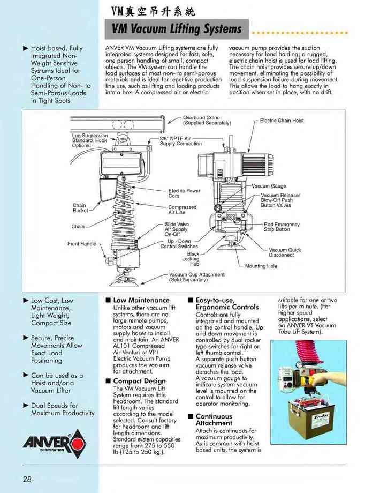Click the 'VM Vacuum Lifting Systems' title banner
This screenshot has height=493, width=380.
point(177,29)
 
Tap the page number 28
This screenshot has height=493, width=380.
point(27,479)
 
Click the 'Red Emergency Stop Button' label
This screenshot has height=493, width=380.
point(282,227)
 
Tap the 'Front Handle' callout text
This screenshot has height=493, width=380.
point(81,244)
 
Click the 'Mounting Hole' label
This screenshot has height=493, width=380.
point(261,266)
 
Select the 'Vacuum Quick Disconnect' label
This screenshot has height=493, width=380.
point(285,252)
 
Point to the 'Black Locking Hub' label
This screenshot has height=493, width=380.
point(191,259)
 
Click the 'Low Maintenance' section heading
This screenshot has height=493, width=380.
point(141,300)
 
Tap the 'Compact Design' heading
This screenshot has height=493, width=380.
point(139,381)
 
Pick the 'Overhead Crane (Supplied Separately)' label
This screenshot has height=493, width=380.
point(207,120)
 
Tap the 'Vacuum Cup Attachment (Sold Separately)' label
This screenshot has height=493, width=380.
point(196,277)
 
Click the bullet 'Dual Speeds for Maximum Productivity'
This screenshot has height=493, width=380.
point(62,409)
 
